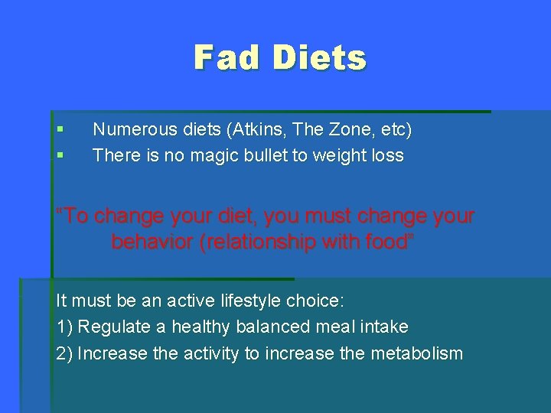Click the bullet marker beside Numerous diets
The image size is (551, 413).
tap(60, 130)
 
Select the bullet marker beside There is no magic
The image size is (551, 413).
tap(60, 156)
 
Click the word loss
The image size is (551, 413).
tap(385, 156)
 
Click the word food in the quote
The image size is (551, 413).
tap(385, 242)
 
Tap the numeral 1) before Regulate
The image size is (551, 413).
tap(65, 327)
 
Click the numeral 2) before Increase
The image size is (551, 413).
tap(65, 353)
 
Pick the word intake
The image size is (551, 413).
tap(384, 327)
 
